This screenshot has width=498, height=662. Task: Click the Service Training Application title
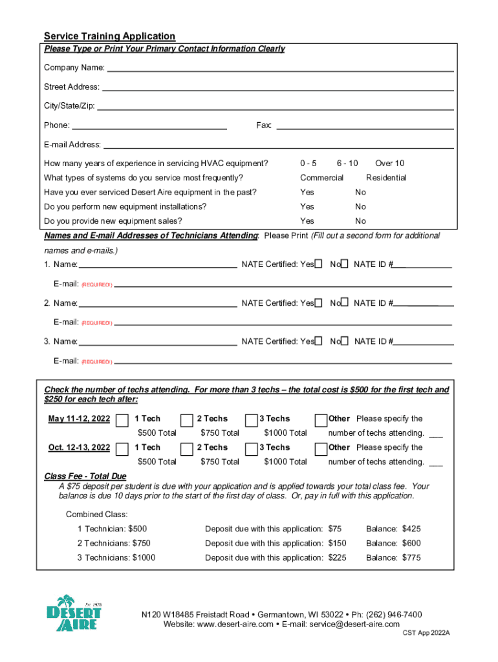[x=109, y=36]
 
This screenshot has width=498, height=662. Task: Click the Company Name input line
[x=280, y=68]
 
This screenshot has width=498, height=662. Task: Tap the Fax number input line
[x=365, y=125]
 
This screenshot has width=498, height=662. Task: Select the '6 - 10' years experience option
[x=347, y=164]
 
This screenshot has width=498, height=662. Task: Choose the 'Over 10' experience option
[x=389, y=164]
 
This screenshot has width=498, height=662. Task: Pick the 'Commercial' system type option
[x=321, y=178]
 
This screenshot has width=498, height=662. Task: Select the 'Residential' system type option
[x=386, y=178]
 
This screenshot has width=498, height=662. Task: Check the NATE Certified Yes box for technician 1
[x=318, y=264]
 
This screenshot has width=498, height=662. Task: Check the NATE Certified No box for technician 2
[x=345, y=302]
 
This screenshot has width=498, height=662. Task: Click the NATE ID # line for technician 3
[x=423, y=341]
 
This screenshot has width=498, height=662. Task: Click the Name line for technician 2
[x=157, y=303]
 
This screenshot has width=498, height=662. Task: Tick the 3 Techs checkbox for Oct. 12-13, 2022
[x=252, y=449]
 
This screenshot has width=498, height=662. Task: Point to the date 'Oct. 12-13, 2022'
[x=79, y=447]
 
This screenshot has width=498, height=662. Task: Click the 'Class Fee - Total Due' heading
[x=85, y=476]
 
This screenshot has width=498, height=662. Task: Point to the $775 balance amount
[x=411, y=557]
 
